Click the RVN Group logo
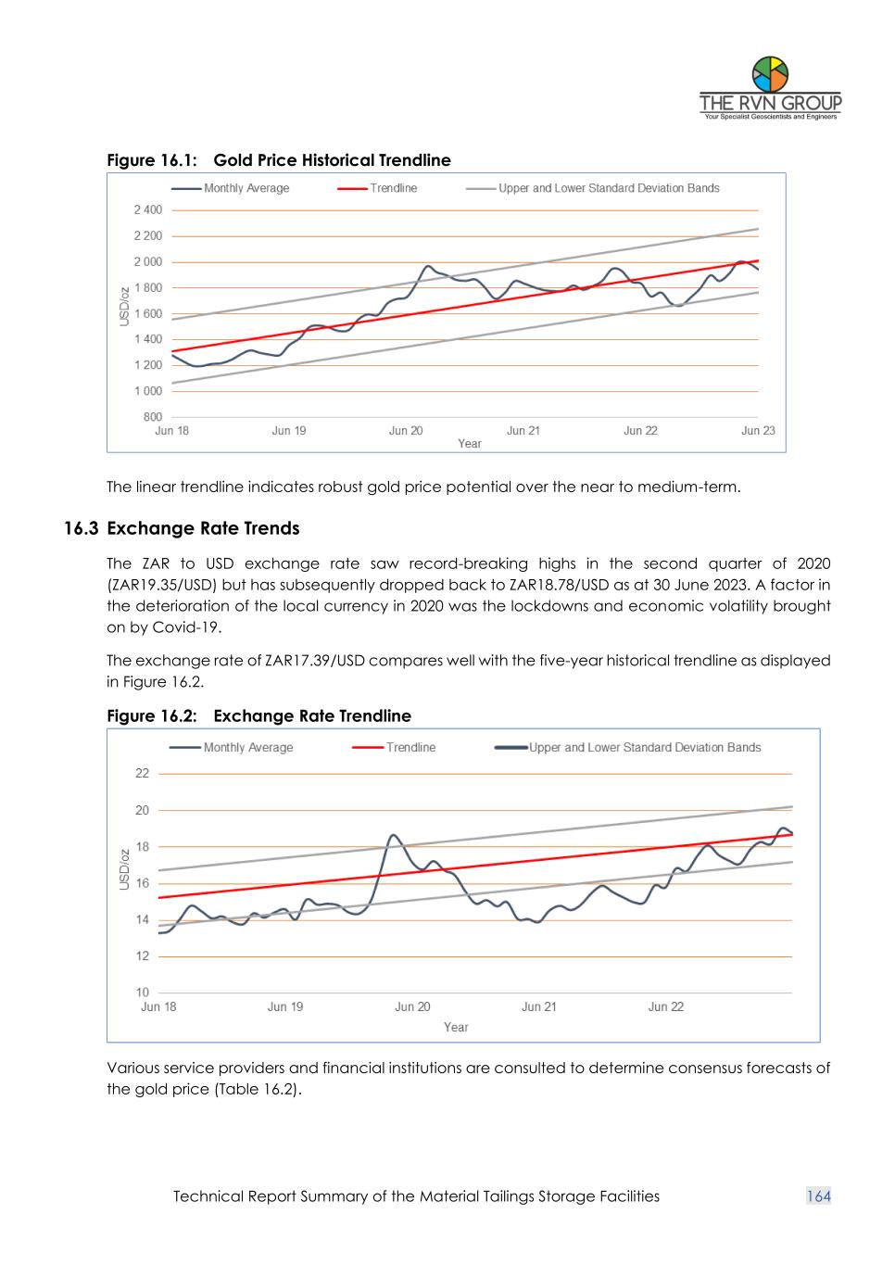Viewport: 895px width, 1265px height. [770, 88]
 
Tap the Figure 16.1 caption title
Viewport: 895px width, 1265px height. [279, 160]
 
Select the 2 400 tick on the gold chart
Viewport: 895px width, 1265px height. [147, 210]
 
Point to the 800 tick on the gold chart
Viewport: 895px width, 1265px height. [152, 417]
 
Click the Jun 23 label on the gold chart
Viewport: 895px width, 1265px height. [758, 431]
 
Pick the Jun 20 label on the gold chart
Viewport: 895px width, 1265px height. [406, 431]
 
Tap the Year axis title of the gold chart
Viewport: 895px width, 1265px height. [470, 444]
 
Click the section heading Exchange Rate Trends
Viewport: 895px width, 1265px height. [203, 528]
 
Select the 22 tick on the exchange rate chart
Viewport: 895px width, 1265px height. [142, 774]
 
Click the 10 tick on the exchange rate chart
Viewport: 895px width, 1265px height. [142, 993]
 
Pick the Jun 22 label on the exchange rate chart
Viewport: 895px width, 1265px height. [665, 1007]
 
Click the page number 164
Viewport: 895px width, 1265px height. [819, 1196]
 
